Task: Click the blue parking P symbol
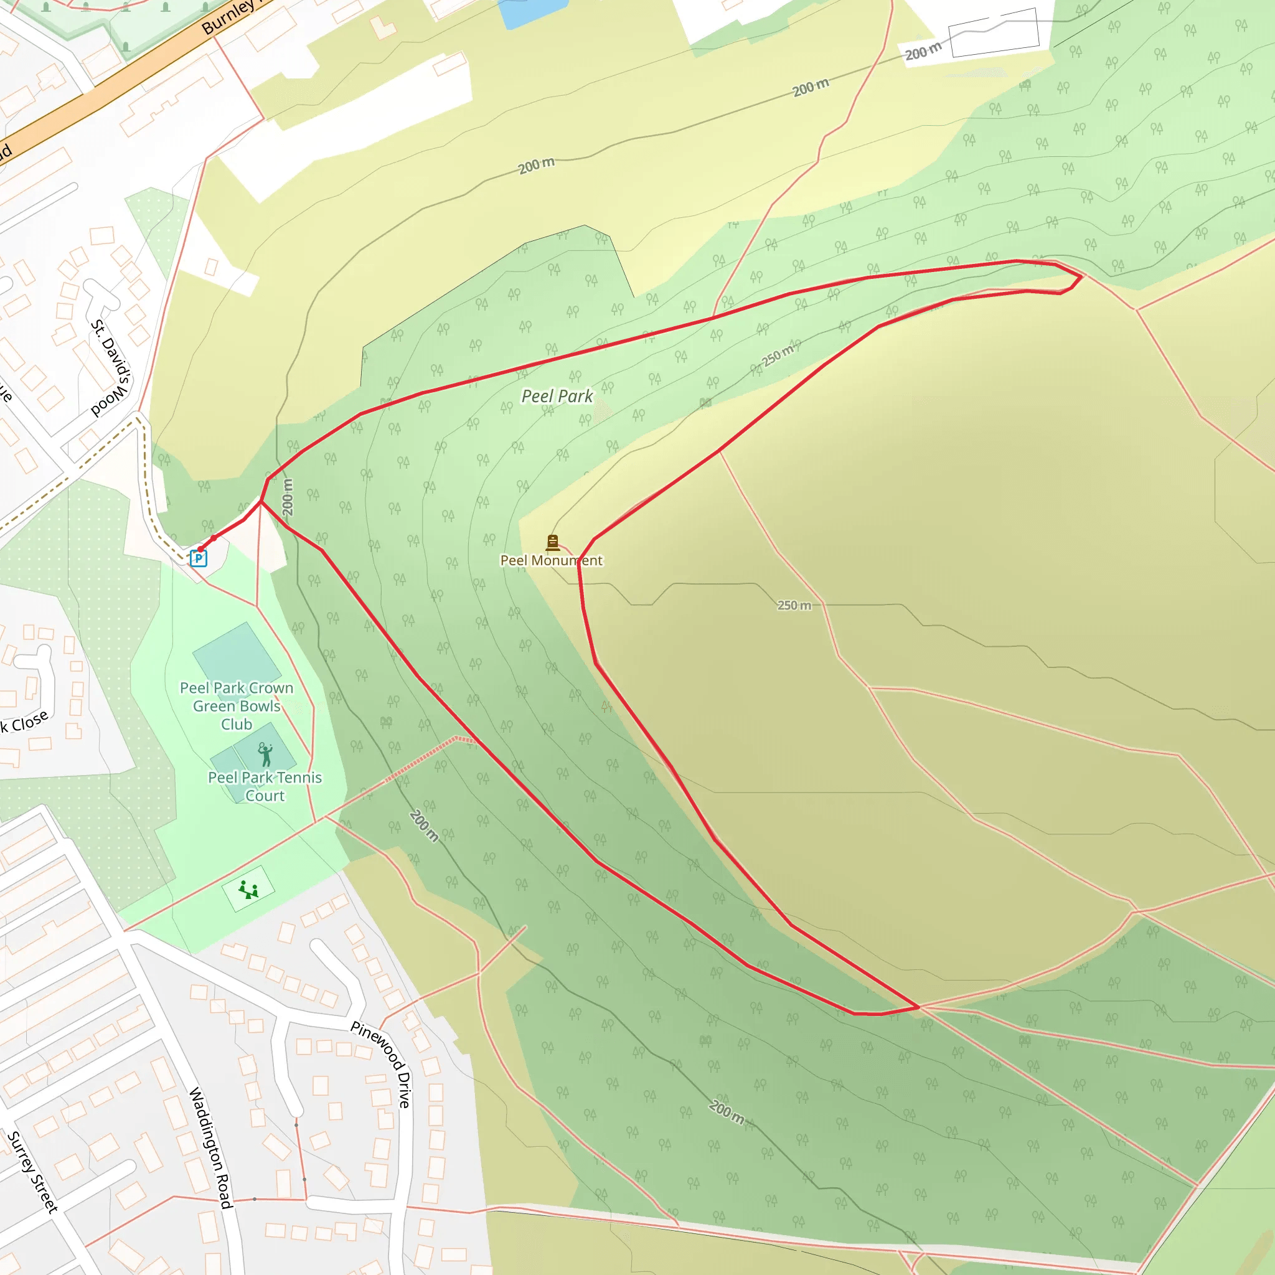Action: click(x=198, y=558)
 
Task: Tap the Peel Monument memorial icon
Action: click(x=553, y=542)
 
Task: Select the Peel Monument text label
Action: click(x=551, y=560)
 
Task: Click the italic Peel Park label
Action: click(x=557, y=396)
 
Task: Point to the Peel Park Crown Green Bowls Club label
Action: click(x=236, y=705)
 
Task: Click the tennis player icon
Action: click(x=265, y=754)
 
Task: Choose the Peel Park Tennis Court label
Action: click(x=265, y=786)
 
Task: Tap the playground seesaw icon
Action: click(x=248, y=890)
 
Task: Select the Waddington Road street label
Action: click(x=211, y=1147)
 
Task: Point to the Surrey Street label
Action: click(x=32, y=1172)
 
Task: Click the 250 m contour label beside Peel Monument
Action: click(x=794, y=605)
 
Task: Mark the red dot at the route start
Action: click(x=200, y=549)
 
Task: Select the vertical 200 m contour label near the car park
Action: click(x=287, y=496)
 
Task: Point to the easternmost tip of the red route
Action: click(x=1081, y=276)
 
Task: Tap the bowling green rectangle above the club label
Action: click(x=236, y=653)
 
